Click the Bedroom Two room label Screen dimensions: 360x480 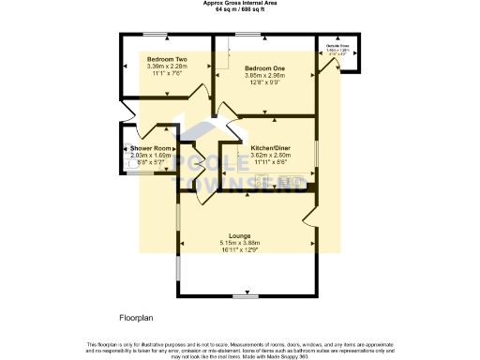pos(167,58)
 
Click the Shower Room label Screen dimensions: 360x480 pos(151,149)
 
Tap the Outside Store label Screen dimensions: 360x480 pos(337,45)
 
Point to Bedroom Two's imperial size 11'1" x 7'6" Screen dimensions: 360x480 pos(167,73)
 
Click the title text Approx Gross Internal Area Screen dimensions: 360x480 pos(240,3)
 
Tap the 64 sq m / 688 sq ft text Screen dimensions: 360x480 pos(240,9)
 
